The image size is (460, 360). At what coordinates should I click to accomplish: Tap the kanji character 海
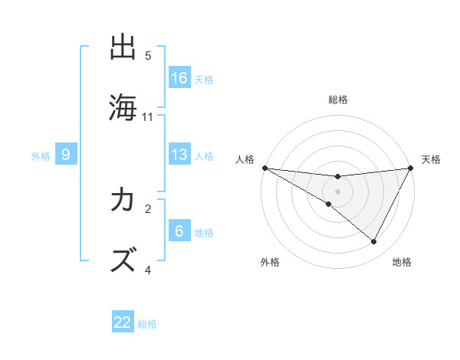click(x=123, y=107)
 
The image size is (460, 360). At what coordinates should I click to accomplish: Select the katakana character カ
click(x=123, y=201)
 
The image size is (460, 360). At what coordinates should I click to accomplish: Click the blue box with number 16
click(x=179, y=78)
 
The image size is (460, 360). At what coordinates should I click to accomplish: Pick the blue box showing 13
click(x=179, y=155)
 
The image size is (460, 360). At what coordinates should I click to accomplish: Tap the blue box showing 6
click(x=179, y=231)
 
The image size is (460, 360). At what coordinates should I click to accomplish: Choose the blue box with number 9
click(x=66, y=155)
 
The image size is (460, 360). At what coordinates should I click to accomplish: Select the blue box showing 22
click(x=123, y=322)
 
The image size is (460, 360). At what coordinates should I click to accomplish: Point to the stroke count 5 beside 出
click(x=148, y=56)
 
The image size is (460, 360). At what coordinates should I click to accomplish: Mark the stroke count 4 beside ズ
click(x=148, y=270)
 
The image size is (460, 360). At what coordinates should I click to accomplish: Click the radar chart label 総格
click(x=337, y=100)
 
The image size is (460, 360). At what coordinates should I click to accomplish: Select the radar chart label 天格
click(x=432, y=159)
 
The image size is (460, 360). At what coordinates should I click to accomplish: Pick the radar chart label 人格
click(x=245, y=159)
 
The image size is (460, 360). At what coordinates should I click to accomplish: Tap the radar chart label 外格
click(x=270, y=262)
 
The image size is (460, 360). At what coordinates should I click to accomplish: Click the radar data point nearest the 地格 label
click(x=374, y=242)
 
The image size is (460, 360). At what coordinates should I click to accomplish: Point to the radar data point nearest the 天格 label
click(x=411, y=168)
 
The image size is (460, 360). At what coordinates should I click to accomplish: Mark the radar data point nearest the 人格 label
click(x=264, y=168)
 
